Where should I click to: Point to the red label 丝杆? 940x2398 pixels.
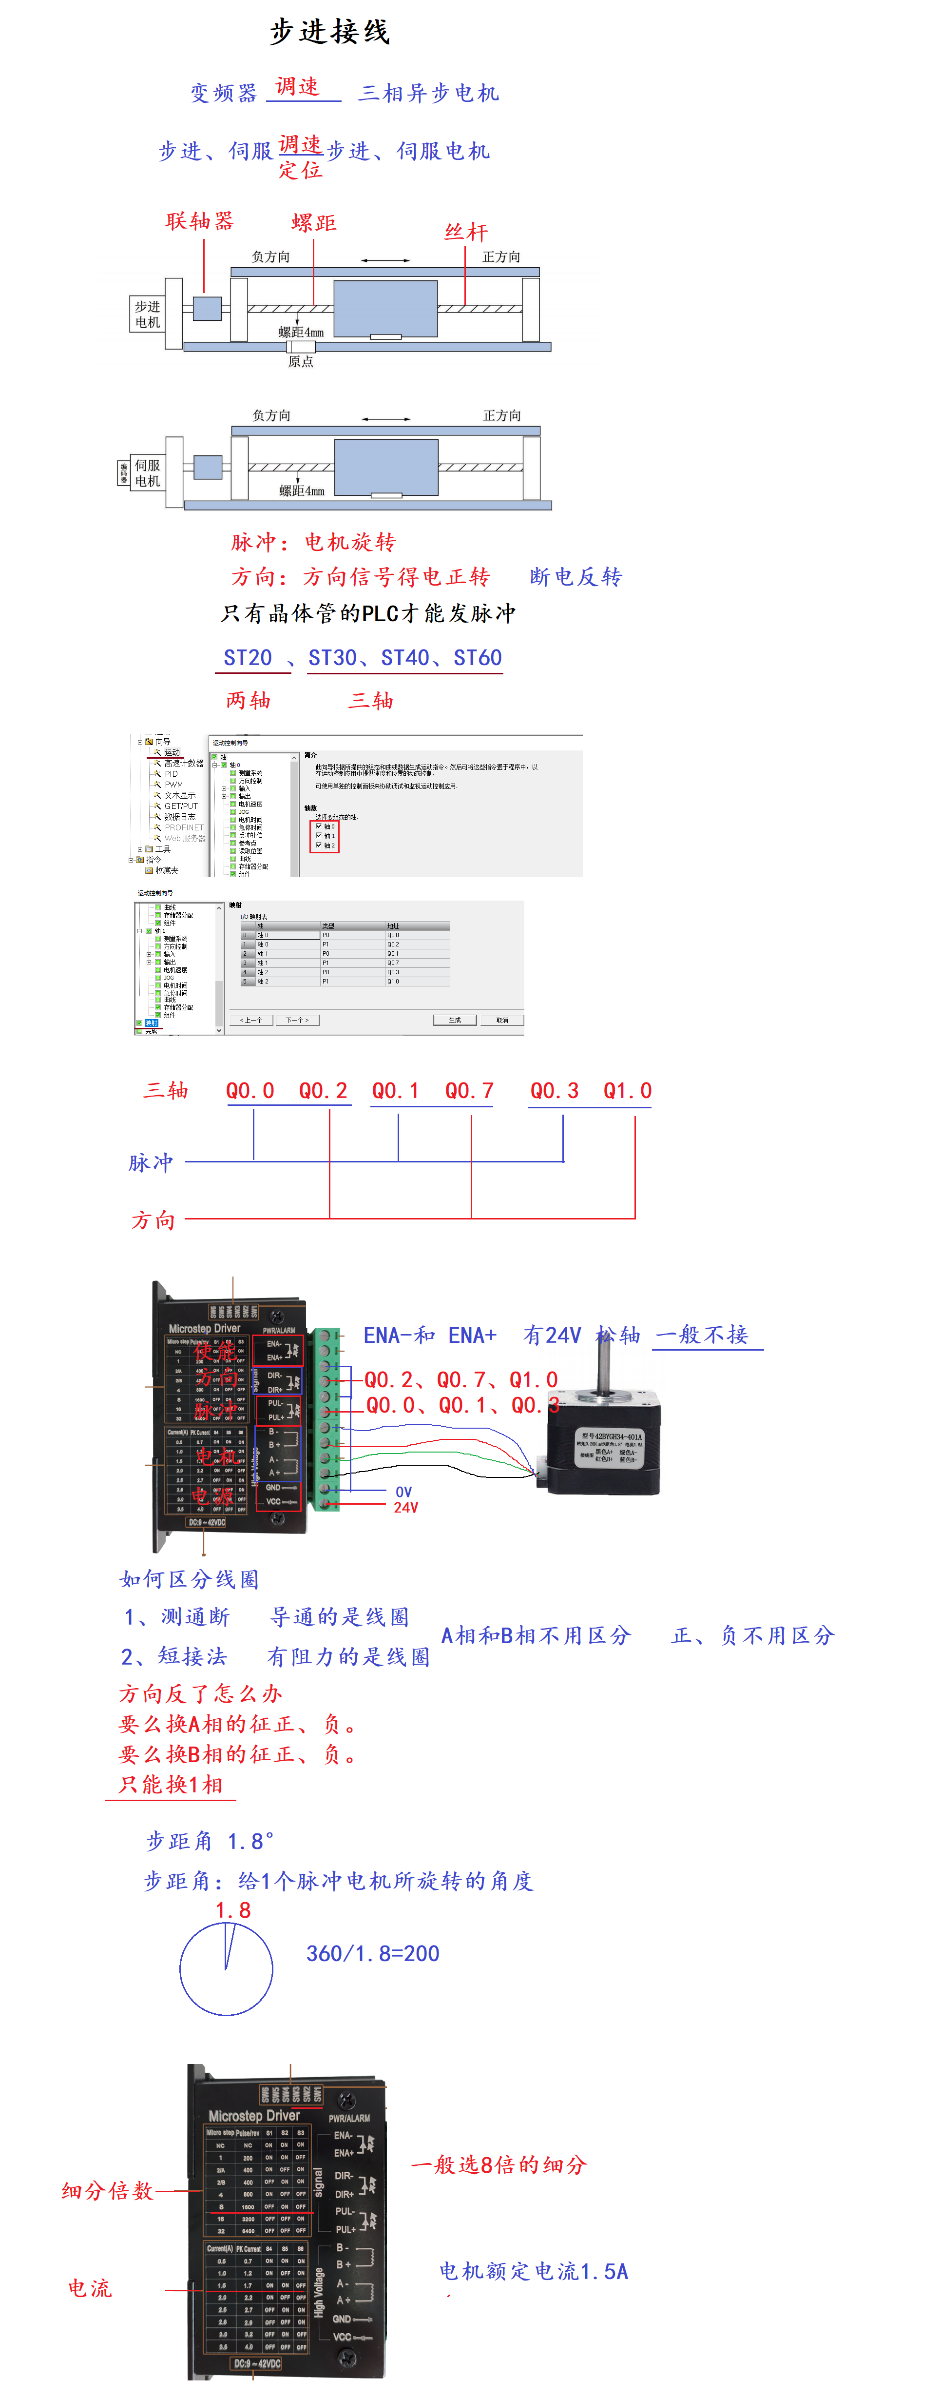tap(465, 232)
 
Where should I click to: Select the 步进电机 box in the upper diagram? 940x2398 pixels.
tap(147, 314)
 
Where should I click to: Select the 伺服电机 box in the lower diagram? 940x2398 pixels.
tap(147, 472)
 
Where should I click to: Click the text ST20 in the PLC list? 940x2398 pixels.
tap(248, 657)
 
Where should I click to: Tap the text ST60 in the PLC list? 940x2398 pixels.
tap(478, 657)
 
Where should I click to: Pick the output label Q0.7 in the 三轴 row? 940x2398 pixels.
tap(469, 1090)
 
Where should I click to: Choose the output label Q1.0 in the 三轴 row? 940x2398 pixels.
tap(627, 1090)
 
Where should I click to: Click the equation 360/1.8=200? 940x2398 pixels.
tap(372, 1953)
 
